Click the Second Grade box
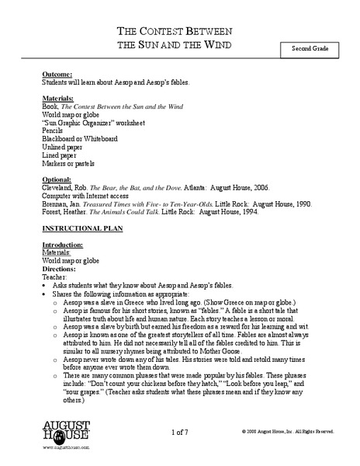pos(311,50)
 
